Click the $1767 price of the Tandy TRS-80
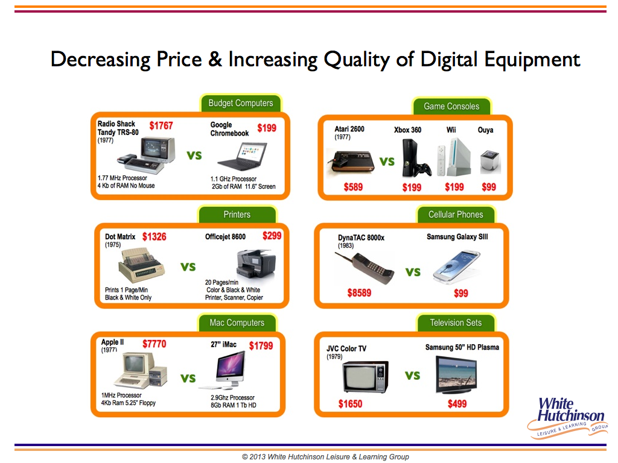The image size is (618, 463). tap(161, 125)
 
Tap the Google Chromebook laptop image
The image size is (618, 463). tap(243, 156)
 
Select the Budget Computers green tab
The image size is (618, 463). tap(241, 103)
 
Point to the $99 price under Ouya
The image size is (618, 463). tap(489, 187)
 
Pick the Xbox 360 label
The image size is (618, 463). tap(407, 130)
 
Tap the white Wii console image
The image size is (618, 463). tap(454, 157)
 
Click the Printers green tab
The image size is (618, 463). tap(237, 215)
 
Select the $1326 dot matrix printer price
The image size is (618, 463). tap(154, 236)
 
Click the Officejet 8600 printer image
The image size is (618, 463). tap(256, 263)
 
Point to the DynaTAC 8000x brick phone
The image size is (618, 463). tap(365, 268)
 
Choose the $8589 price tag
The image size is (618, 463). tap(359, 293)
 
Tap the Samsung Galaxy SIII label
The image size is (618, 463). tap(457, 236)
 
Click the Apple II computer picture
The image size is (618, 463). tap(141, 370)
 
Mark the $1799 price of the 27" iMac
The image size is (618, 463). tap(261, 345)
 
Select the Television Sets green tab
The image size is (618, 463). tap(456, 323)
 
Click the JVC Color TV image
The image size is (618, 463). tap(366, 377)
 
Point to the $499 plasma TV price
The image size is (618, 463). tap(457, 404)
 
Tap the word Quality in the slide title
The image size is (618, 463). tap(357, 60)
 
